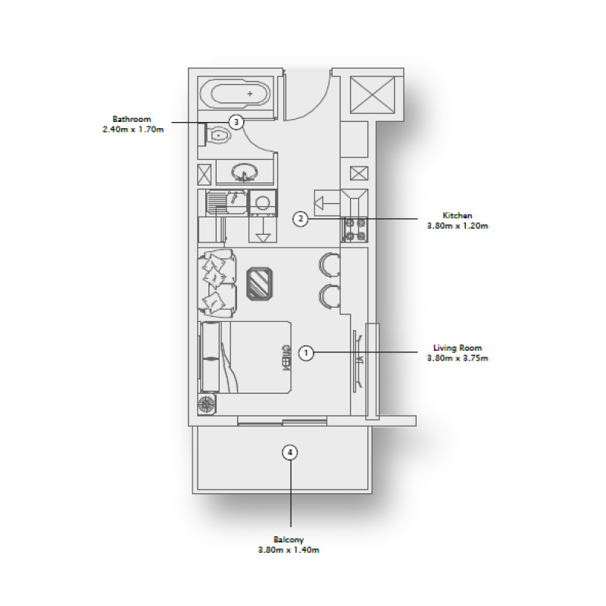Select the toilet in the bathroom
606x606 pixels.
217,136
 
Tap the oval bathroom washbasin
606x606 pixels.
245,172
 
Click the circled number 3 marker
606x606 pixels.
236,121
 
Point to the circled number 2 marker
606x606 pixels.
300,219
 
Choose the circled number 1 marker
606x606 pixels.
306,352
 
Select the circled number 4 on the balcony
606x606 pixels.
289,452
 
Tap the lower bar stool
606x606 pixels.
330,296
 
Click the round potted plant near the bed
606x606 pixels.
207,405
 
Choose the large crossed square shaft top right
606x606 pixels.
376,96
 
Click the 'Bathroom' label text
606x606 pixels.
132,119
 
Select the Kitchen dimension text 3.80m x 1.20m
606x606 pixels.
458,226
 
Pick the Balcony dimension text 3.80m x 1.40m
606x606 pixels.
289,550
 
